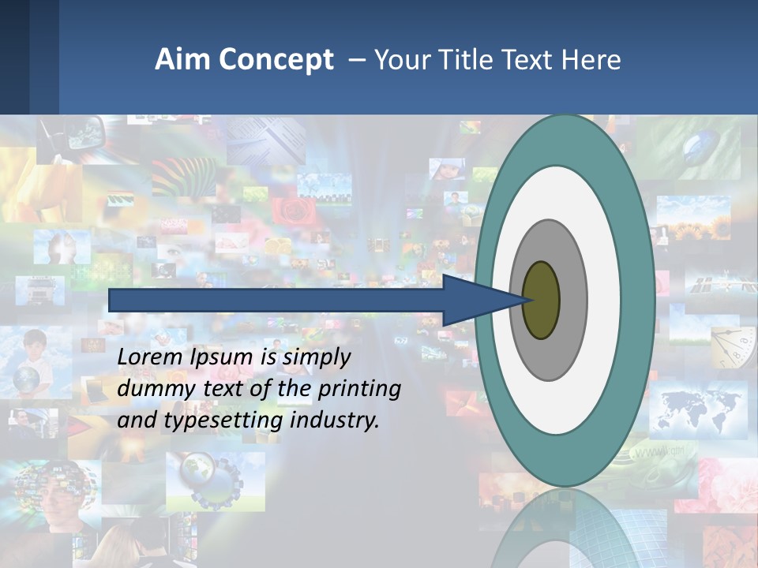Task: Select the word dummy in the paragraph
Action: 153,389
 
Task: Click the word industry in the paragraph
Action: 335,420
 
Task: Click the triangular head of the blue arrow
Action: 474,300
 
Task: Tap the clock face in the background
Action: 730,347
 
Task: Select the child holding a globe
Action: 32,363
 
